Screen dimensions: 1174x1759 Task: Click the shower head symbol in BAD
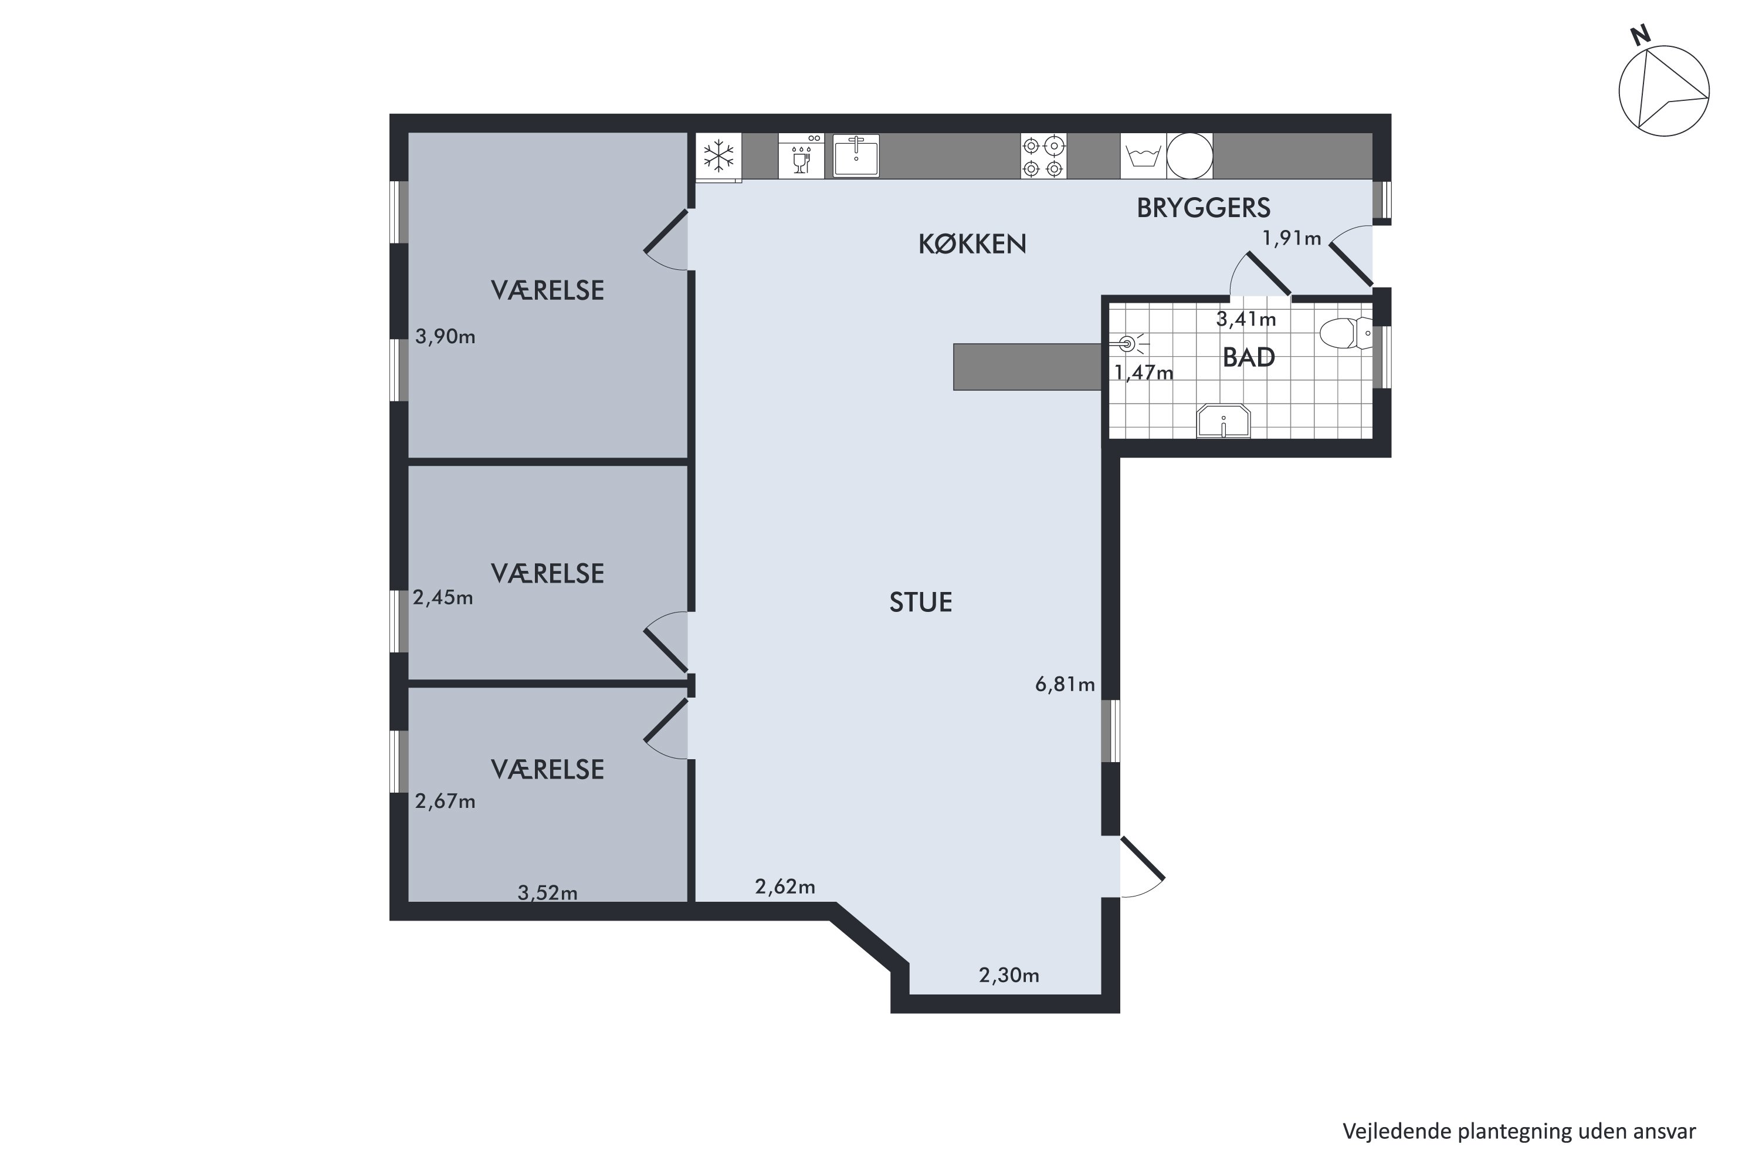(x=1127, y=344)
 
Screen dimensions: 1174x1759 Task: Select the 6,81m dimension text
(x=1065, y=684)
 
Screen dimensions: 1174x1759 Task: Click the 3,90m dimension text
(x=445, y=337)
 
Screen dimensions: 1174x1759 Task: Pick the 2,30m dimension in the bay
(x=1008, y=975)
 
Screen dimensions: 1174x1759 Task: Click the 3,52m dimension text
(x=547, y=892)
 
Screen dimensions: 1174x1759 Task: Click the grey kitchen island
(x=1026, y=367)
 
